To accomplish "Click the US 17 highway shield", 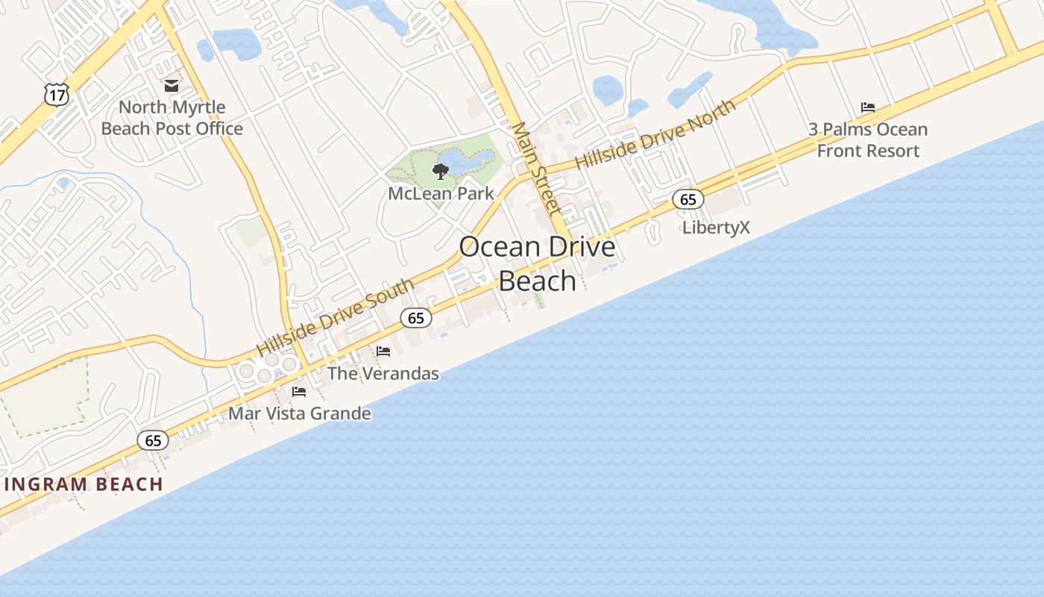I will (x=57, y=94).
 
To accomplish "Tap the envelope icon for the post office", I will (x=172, y=86).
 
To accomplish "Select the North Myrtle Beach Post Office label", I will (x=172, y=118).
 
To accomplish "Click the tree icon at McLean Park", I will (x=441, y=172).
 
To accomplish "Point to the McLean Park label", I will (x=441, y=193).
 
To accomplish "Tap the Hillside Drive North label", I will (x=655, y=135).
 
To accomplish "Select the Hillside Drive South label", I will (x=335, y=317).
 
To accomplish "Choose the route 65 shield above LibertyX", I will (x=688, y=199).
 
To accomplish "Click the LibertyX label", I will (x=716, y=228).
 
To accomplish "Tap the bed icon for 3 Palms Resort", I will (x=867, y=107).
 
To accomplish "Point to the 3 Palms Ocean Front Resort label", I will (x=868, y=140).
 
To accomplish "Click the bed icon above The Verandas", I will (x=383, y=351).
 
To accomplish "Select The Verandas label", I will (x=383, y=373).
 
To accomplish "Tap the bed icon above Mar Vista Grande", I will (x=299, y=391).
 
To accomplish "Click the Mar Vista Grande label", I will (x=299, y=413).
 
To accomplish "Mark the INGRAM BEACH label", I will (x=84, y=484).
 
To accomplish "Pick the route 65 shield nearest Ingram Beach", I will (x=153, y=440).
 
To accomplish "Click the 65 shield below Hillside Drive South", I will (x=416, y=318).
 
